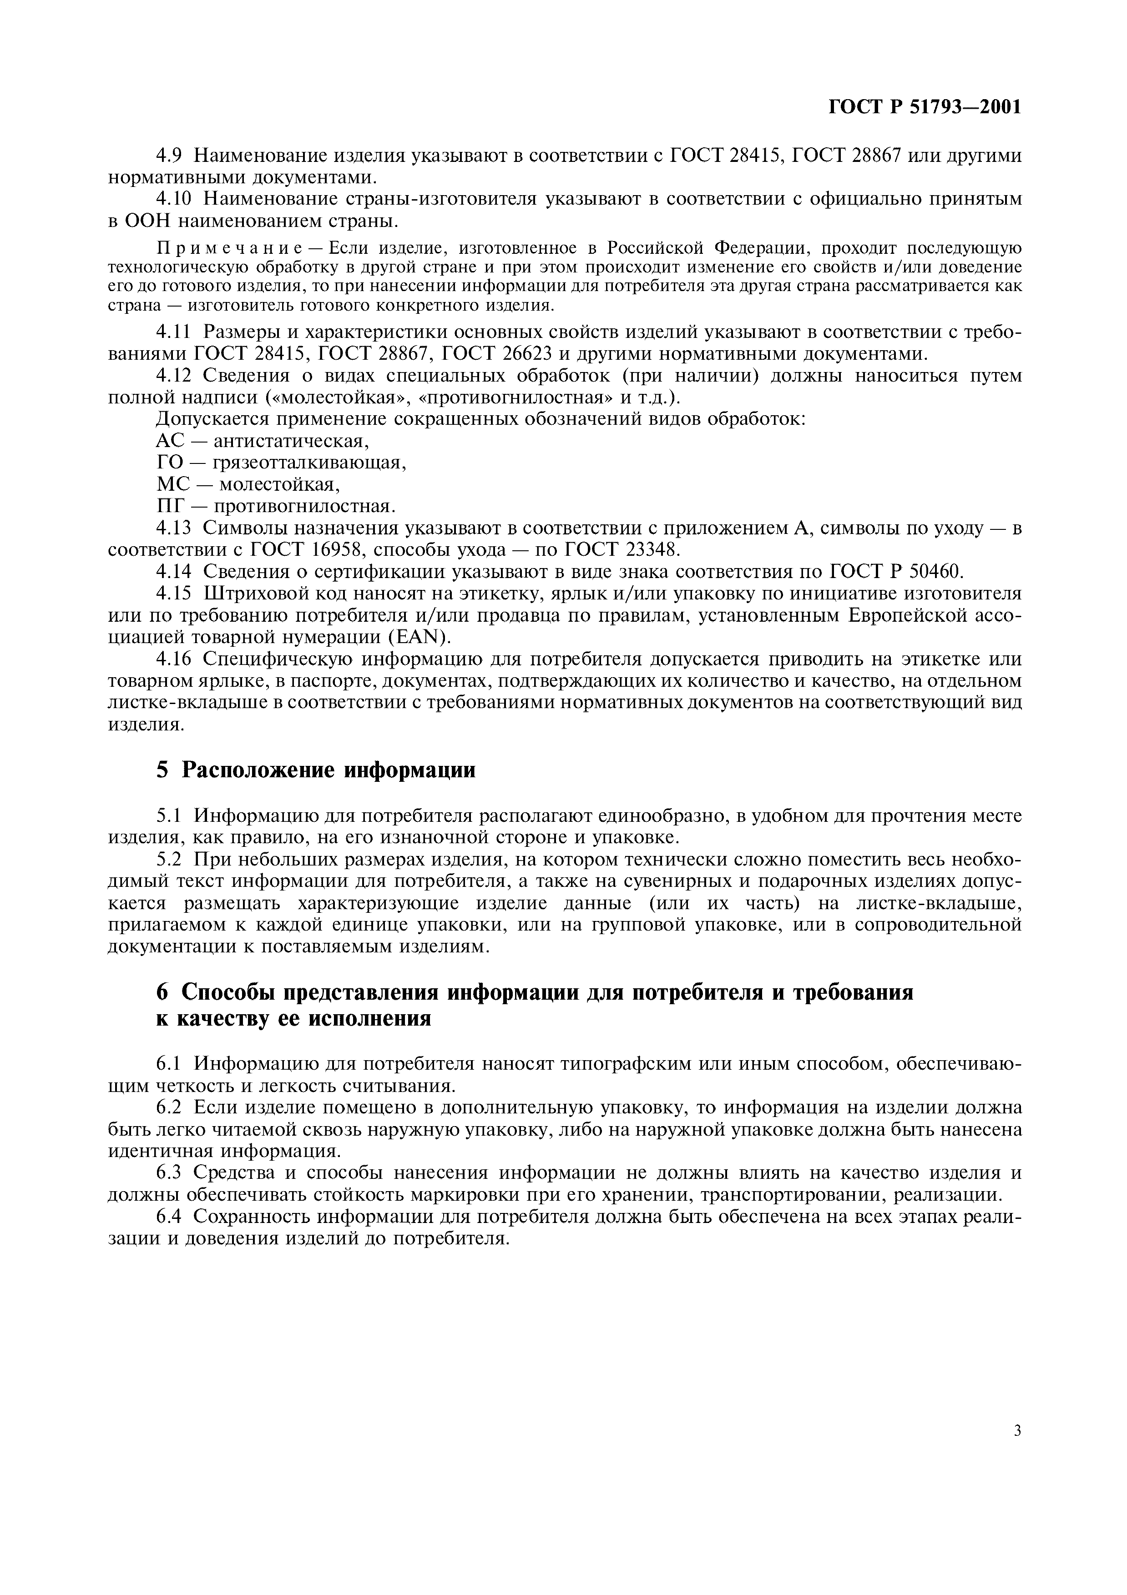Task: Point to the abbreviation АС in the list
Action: point(170,441)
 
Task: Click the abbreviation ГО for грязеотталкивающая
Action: point(170,463)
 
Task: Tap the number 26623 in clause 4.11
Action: point(522,354)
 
